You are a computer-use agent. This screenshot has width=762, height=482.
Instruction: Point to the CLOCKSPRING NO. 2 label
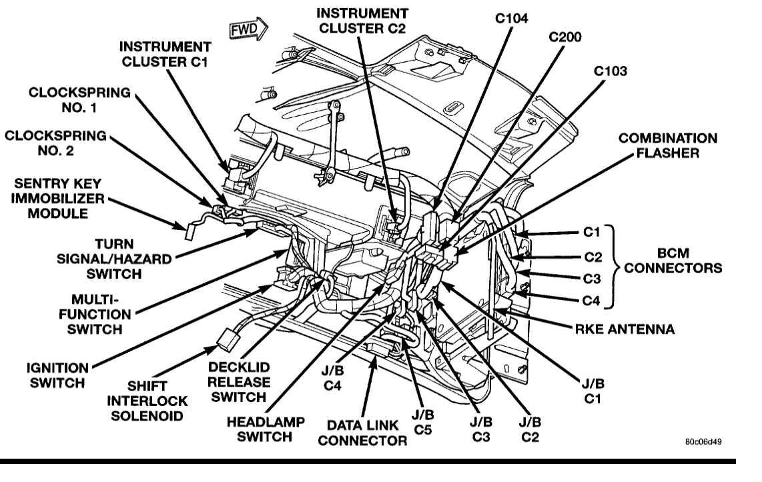click(x=55, y=143)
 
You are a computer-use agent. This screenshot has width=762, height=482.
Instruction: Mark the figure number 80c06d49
click(x=703, y=442)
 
